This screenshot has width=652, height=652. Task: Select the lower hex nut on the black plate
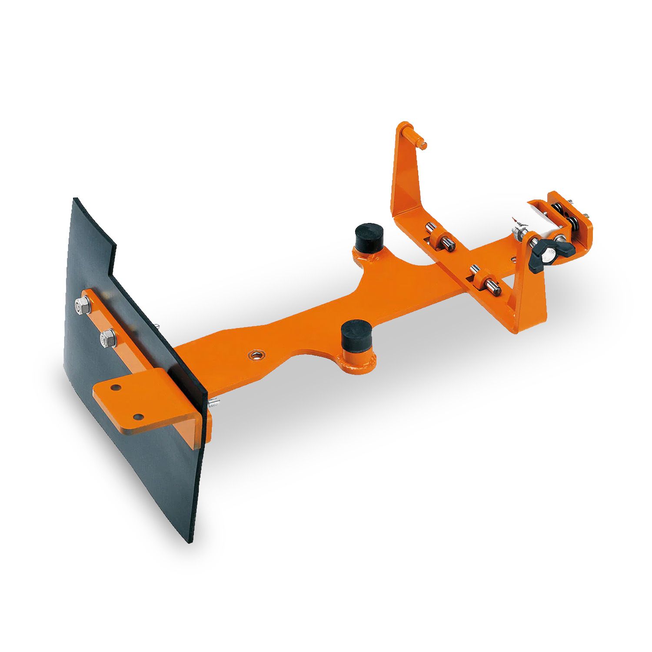pyautogui.click(x=108, y=338)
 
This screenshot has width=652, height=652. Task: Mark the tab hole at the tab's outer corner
pyautogui.click(x=138, y=417)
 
